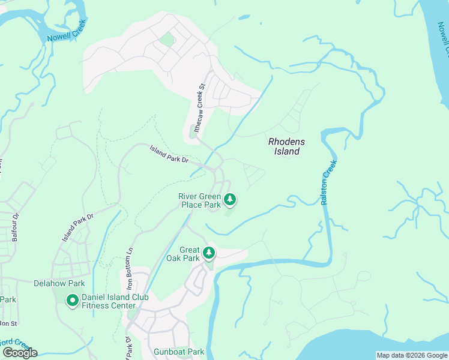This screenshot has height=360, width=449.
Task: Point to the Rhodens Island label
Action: pos(286,146)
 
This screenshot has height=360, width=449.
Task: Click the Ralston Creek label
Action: pos(327,182)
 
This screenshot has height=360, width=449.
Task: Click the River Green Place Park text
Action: pos(200,200)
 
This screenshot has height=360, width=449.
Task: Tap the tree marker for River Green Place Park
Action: pos(229,199)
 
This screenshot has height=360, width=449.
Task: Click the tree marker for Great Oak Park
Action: pos(208,253)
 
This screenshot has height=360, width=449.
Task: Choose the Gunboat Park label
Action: pos(179,352)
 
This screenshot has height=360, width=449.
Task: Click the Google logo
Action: pos(20,352)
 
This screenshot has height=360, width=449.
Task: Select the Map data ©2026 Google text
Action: pos(411,355)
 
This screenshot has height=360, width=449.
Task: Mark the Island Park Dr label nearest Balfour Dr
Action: pos(77,228)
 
